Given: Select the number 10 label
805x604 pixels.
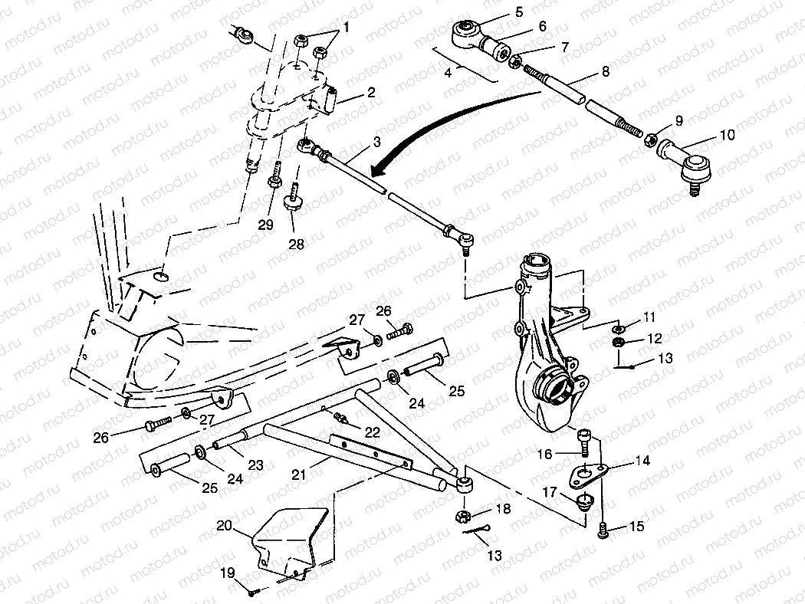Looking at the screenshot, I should tap(727, 135).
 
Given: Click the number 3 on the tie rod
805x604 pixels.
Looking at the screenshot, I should tap(376, 142).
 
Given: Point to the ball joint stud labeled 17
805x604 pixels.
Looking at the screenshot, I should tap(587, 503).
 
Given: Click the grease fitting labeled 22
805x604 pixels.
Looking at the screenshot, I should tap(340, 418).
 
